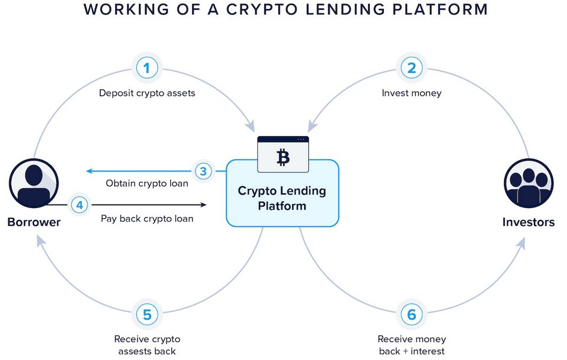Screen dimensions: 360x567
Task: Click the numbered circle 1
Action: coord(147,69)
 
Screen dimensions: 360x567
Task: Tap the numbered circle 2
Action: coord(412,69)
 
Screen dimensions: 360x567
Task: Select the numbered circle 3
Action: coord(203,171)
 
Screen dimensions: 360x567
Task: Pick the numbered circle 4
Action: coord(79,205)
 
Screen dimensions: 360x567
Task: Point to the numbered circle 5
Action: coord(147,314)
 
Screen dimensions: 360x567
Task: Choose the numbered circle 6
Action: coord(412,314)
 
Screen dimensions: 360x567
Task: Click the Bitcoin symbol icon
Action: coord(283,157)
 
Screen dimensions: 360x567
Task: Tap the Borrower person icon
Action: coord(34,184)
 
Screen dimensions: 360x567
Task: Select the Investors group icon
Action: coord(529,184)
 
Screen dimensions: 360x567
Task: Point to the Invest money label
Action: coord(412,93)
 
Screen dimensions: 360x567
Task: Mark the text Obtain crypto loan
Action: coord(147,183)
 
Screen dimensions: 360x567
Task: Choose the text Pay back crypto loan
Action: coord(147,219)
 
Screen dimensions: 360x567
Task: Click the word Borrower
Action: coord(34,223)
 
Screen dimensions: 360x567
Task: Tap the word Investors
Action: coord(529,223)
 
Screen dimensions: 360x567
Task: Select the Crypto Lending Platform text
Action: coord(282,199)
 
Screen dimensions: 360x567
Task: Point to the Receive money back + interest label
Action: coord(412,345)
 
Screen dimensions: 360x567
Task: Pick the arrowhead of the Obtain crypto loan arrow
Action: coord(89,171)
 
